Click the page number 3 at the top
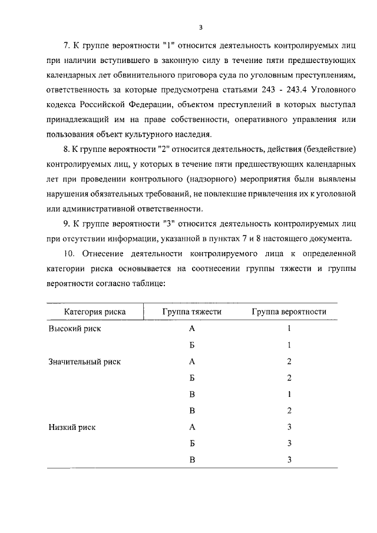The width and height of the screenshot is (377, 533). point(201,27)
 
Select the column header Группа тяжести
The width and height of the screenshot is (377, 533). point(192,312)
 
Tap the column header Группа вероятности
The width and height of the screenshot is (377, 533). point(289,312)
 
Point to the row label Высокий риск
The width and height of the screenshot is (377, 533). point(74,329)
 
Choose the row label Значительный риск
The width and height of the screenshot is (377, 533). point(84,362)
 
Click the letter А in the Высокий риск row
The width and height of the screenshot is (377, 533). point(192,329)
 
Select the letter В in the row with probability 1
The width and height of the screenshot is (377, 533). point(192,395)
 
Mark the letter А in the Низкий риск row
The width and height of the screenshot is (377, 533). point(192,427)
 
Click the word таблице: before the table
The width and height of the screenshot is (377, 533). point(150,284)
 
